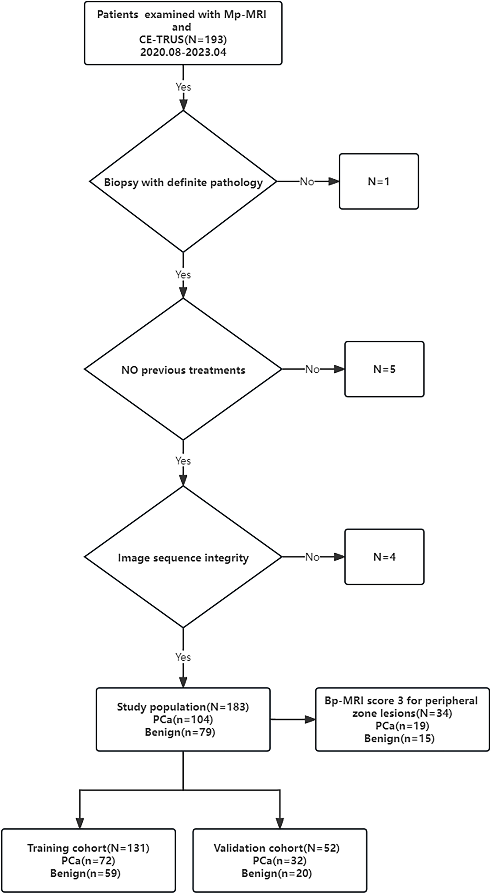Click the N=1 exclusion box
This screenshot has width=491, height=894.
click(378, 181)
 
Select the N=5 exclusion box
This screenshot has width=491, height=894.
click(384, 369)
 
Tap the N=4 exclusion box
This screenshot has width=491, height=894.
click(384, 557)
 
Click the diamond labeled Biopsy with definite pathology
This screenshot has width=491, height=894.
click(183, 182)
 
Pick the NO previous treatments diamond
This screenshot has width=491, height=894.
click(183, 370)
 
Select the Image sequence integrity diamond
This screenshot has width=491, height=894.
click(183, 557)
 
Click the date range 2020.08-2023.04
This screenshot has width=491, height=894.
click(183, 52)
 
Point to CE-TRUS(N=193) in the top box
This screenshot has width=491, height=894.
click(183, 39)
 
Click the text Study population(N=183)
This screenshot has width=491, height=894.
click(183, 707)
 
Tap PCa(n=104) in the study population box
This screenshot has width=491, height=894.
click(183, 719)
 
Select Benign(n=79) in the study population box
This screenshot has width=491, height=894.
click(180, 732)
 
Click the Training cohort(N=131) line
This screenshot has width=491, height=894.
click(88, 848)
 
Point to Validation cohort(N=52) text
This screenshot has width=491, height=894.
click(276, 848)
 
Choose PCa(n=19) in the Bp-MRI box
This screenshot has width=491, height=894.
click(402, 726)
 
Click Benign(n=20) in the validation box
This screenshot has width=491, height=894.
click(276, 873)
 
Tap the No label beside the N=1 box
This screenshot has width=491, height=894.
click(307, 182)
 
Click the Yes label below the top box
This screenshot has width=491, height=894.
click(183, 87)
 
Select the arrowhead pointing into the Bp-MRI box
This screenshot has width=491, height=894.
click(310, 719)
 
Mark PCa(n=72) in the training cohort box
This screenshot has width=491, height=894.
click(88, 860)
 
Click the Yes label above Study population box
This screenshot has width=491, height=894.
click(183, 657)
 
